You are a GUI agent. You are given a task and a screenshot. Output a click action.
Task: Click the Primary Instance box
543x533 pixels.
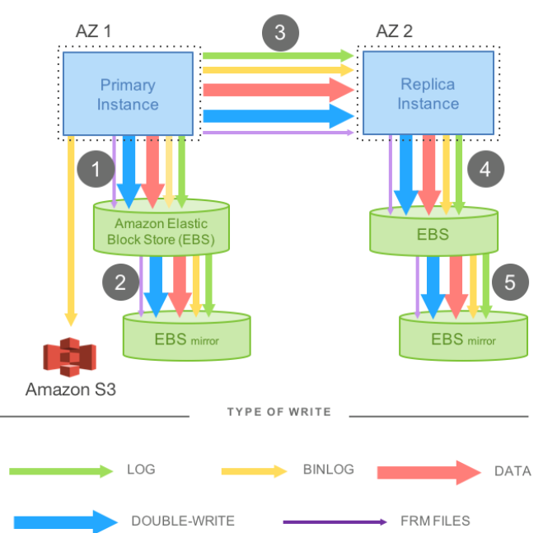(x=128, y=94)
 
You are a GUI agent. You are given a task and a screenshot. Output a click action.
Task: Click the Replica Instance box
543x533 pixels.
(x=428, y=93)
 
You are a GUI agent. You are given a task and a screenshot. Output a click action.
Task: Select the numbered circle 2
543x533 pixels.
(x=119, y=282)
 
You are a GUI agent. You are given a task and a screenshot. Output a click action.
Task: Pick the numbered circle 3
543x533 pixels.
(x=280, y=33)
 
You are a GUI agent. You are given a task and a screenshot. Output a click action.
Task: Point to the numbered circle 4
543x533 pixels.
(x=484, y=170)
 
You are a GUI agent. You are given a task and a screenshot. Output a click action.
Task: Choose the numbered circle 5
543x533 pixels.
(x=510, y=282)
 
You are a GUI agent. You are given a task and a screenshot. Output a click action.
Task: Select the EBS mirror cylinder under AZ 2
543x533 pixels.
(x=462, y=337)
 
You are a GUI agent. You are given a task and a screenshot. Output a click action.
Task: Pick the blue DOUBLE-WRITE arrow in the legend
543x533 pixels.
(x=65, y=521)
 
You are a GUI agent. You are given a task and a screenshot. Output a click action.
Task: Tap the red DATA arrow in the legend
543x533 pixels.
(x=428, y=471)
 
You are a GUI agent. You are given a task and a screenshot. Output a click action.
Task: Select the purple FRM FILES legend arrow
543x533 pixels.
(x=334, y=521)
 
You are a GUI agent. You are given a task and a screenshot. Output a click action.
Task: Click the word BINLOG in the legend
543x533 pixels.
(x=327, y=470)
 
